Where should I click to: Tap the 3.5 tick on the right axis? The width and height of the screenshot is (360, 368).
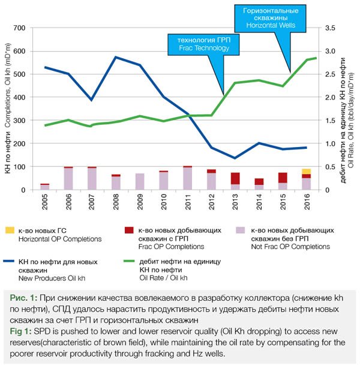click(331, 28)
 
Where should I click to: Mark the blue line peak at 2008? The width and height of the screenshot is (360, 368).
click(116, 57)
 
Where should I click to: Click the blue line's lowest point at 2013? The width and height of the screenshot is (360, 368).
click(235, 158)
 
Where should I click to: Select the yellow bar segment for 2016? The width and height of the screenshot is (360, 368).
click(307, 172)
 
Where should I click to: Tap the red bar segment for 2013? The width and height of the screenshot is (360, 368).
click(235, 178)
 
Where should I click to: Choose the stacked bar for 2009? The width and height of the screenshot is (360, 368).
click(140, 181)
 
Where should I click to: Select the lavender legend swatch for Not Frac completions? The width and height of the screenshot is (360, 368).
click(239, 230)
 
